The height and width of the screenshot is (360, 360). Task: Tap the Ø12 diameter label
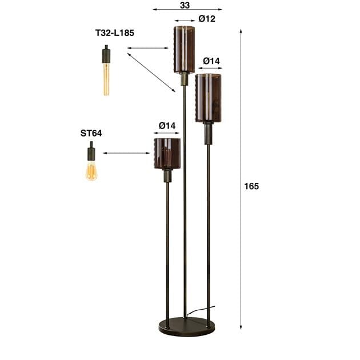pos(207,19)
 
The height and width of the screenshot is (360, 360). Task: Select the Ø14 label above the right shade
pos(211,61)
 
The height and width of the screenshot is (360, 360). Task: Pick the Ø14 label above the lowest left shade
pos(167,126)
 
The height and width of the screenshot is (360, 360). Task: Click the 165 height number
pos(251,186)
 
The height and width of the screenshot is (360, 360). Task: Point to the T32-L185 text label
pos(114,33)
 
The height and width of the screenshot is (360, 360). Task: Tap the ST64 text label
pos(91,133)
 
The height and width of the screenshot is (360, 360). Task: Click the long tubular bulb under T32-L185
pos(106,78)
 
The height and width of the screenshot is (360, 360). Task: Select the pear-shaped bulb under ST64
pos(91,170)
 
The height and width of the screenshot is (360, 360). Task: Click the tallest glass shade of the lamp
pos(185,49)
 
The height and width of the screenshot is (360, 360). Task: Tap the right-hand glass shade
pos(208,98)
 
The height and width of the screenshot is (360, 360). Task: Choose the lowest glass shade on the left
pos(167,153)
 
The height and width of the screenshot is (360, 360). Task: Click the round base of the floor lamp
pos(186,327)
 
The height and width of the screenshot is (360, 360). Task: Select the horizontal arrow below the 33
pos(187,10)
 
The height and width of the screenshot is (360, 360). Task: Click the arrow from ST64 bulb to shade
pos(126,153)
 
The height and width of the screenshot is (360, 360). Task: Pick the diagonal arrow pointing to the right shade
pos(151,72)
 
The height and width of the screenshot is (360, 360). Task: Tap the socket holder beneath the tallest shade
pos(184,79)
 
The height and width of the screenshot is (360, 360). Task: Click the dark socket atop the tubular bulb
pos(106,55)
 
